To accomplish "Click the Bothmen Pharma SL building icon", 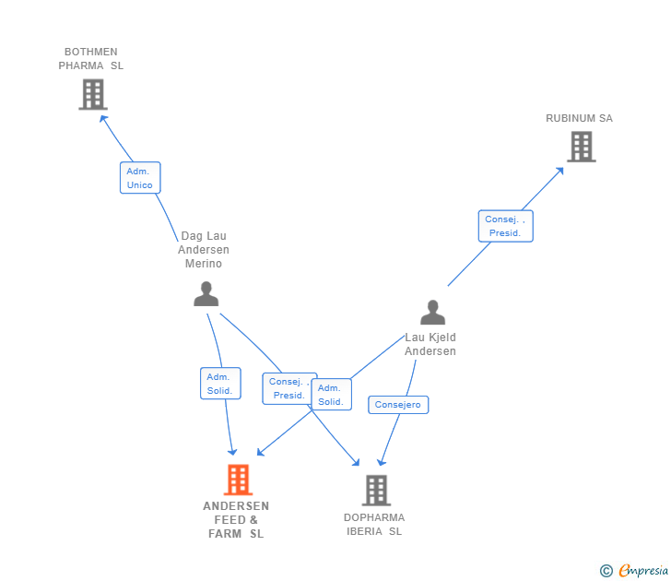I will (93, 94).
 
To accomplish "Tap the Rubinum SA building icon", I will (581, 146).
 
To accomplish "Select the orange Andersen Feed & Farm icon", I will (238, 480).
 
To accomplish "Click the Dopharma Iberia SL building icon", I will (376, 490).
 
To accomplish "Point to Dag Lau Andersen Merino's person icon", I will (206, 293).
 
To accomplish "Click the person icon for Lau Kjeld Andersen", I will (432, 313).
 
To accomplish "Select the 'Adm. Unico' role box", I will (140, 178).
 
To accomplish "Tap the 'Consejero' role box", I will (398, 405).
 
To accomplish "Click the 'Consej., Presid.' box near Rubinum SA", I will (505, 226).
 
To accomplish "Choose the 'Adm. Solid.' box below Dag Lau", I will (219, 384).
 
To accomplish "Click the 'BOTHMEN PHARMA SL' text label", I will (90, 59).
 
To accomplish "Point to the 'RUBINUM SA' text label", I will (579, 118).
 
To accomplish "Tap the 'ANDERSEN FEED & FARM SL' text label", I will (236, 520).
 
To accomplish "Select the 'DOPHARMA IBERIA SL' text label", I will (374, 524).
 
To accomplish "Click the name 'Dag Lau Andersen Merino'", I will (204, 250).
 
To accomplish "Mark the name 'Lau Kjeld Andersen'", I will (430, 344).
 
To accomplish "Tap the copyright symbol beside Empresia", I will (606, 571).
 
